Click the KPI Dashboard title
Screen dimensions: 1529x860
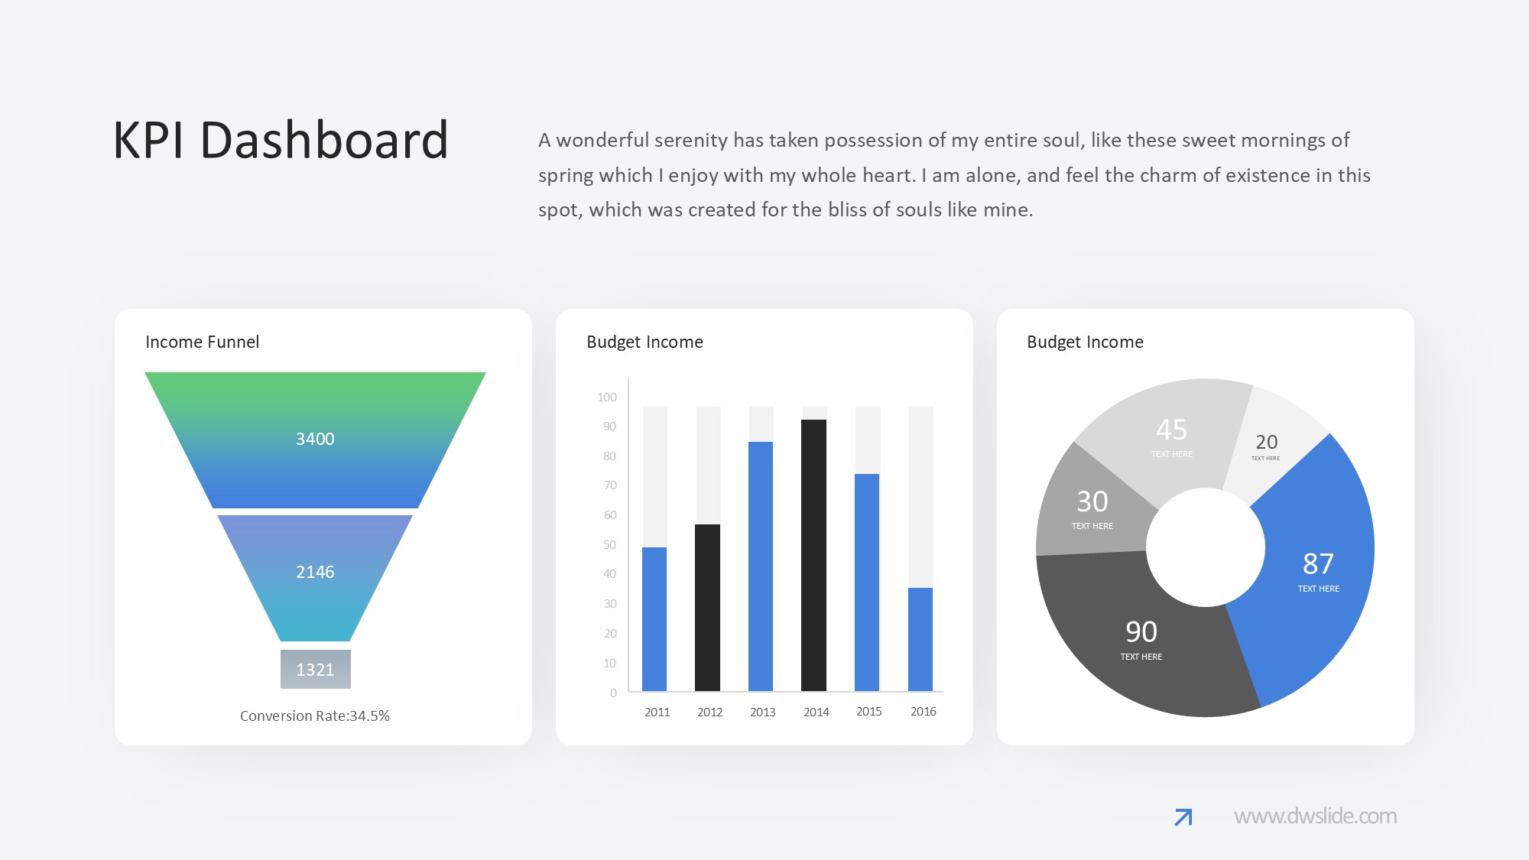click(x=281, y=141)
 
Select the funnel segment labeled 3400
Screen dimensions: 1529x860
click(x=315, y=440)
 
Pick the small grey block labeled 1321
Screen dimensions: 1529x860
click(x=316, y=669)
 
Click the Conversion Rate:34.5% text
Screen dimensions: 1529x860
click(x=315, y=716)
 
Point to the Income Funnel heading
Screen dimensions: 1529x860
click(x=202, y=342)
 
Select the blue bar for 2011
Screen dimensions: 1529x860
click(x=654, y=619)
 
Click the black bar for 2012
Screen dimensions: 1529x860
click(x=708, y=608)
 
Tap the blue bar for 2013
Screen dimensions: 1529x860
click(x=761, y=566)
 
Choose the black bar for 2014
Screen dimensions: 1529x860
click(x=814, y=555)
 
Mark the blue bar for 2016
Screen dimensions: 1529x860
click(x=920, y=639)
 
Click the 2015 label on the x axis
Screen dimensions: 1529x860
click(x=869, y=712)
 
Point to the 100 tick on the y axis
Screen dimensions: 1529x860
click(x=607, y=398)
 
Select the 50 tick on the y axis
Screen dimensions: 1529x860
click(x=609, y=545)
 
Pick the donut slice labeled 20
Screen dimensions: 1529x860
click(x=1269, y=443)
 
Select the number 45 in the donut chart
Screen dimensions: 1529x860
click(x=1171, y=430)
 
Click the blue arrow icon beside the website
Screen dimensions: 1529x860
click(x=1183, y=817)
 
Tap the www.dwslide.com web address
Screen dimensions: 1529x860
click(x=1316, y=816)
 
